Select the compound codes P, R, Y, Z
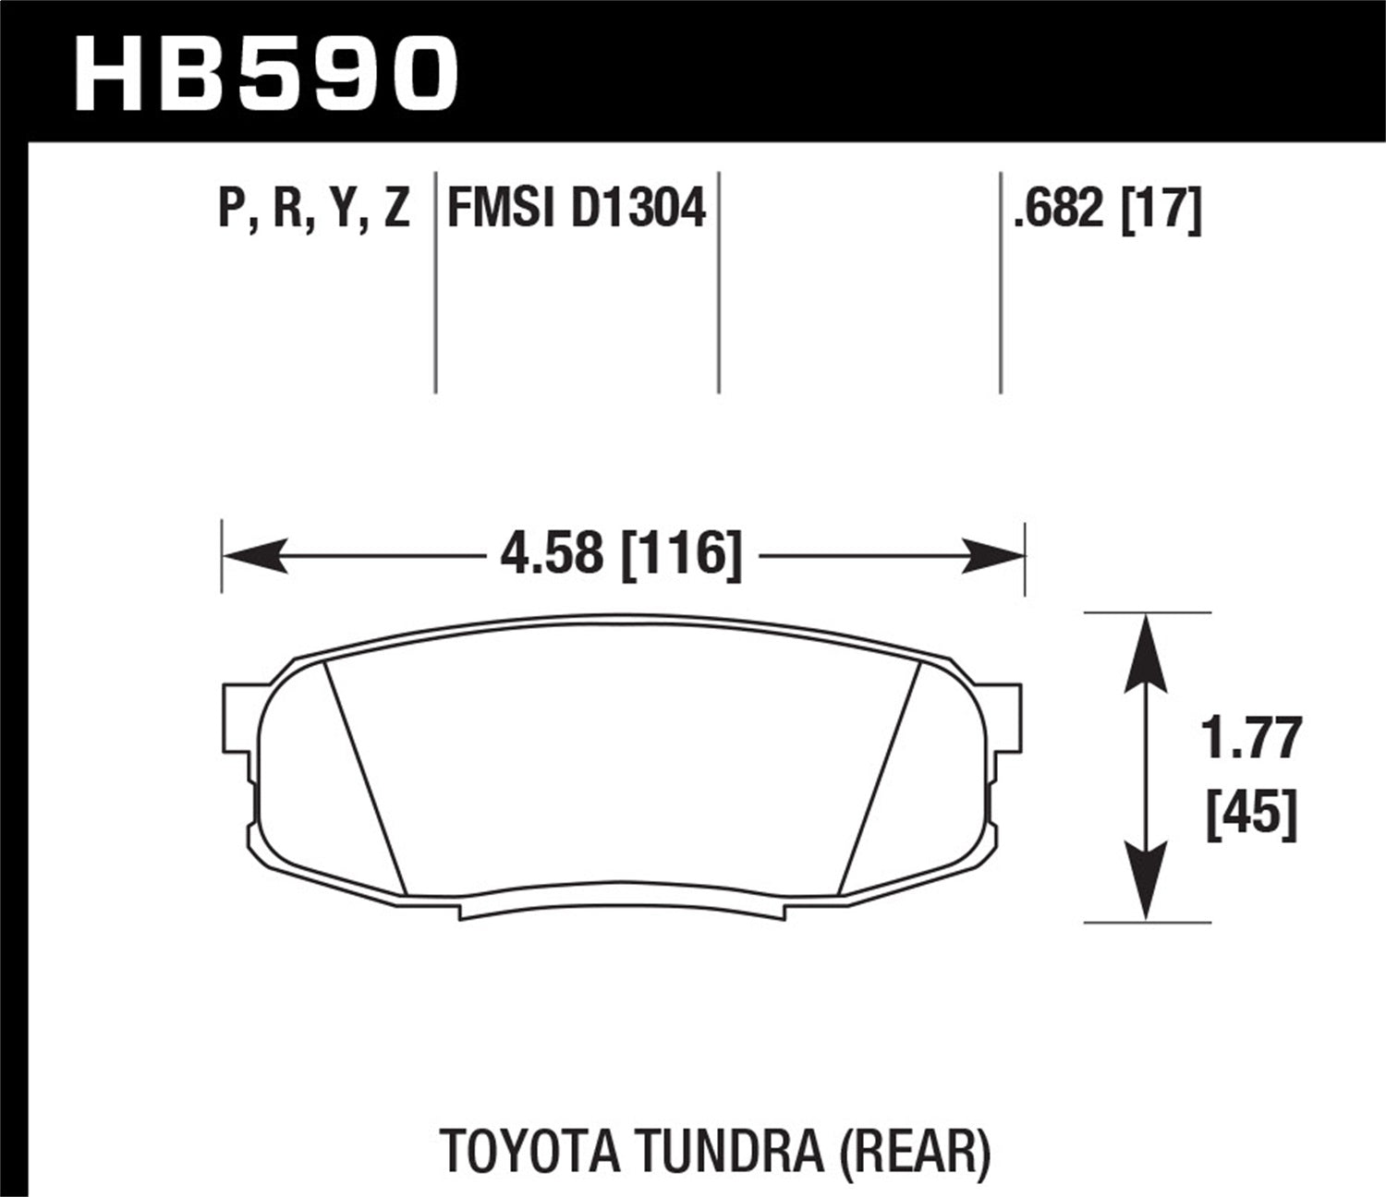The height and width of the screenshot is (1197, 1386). (314, 209)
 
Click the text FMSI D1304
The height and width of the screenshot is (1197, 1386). (577, 209)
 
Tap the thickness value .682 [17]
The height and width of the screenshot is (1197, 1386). (1107, 209)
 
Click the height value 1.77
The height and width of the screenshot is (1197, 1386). (1252, 739)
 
